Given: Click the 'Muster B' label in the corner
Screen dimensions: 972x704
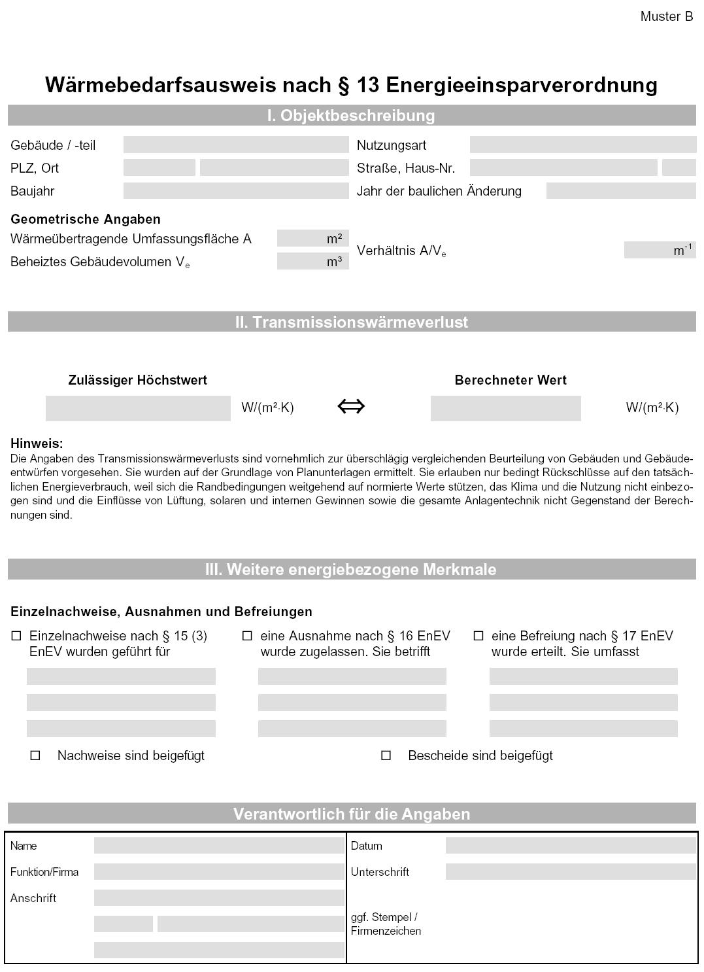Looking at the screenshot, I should (x=666, y=17).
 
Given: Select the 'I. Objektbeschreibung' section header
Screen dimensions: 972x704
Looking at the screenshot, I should (x=351, y=116).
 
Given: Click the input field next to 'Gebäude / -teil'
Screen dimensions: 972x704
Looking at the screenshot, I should (x=236, y=145).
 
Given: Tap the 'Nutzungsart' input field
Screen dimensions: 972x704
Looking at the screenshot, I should (x=582, y=145).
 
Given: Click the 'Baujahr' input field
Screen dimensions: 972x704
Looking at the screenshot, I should (x=236, y=191).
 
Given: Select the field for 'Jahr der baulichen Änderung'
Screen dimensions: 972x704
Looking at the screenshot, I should (x=620, y=191).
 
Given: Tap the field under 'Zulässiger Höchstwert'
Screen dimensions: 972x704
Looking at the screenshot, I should (x=138, y=408).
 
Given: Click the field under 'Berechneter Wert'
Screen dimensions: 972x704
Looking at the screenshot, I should (x=505, y=408).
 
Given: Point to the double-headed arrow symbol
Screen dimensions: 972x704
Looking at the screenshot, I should (x=351, y=407).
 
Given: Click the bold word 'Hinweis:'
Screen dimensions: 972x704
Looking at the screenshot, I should (x=37, y=443).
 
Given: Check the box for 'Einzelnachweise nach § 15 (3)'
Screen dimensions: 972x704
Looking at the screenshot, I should (x=16, y=636).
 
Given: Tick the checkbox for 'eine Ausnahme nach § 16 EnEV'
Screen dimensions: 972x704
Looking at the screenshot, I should (x=247, y=636).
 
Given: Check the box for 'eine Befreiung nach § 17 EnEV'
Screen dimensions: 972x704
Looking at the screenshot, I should (x=478, y=636).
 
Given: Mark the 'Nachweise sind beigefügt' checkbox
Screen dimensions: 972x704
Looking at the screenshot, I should (x=35, y=755).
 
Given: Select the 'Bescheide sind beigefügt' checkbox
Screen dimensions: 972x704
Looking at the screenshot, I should (x=386, y=755).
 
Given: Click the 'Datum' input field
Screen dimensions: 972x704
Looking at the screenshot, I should (x=570, y=846).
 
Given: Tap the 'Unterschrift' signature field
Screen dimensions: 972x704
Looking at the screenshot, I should (x=570, y=872).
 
